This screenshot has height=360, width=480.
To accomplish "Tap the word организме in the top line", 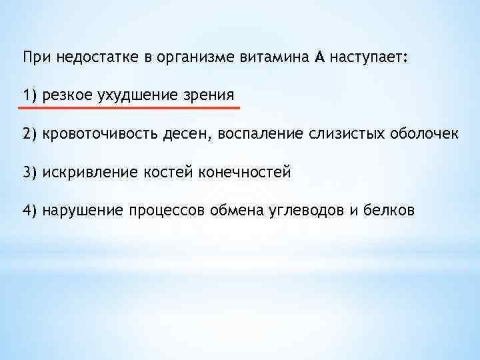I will [x=193, y=58].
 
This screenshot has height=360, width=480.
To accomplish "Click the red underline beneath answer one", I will [x=130, y=106].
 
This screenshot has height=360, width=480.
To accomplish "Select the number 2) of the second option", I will [x=30, y=134].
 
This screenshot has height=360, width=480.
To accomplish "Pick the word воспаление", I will [x=262, y=134].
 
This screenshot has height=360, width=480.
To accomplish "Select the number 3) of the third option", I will [x=30, y=173].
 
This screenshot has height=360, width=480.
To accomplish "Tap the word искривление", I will [x=90, y=173].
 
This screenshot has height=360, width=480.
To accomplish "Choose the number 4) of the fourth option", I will [x=30, y=211].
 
